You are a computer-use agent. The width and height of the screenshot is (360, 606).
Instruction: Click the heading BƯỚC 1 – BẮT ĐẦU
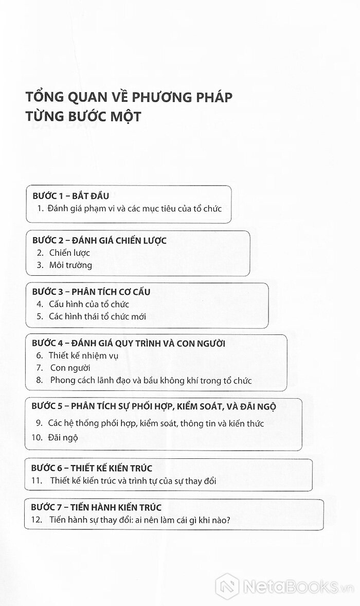[x=70, y=195]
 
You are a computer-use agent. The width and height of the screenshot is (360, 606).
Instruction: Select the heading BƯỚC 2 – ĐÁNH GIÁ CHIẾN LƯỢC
[x=99, y=240]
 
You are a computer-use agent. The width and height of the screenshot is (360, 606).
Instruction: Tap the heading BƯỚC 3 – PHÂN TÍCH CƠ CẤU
[x=91, y=291]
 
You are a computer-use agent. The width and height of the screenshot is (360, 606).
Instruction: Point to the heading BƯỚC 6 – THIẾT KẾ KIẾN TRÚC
[x=92, y=468]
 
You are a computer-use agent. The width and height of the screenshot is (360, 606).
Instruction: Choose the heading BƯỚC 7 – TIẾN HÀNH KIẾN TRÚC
[x=96, y=507]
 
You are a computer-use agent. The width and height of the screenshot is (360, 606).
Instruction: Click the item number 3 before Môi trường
[x=40, y=265]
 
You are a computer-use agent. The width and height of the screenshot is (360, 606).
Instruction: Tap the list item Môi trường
[x=70, y=265]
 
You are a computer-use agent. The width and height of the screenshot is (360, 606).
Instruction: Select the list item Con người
[x=70, y=368]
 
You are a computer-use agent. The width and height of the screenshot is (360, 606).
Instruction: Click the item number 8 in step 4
[x=40, y=380]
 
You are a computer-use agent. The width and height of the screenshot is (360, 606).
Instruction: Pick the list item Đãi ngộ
[x=63, y=438]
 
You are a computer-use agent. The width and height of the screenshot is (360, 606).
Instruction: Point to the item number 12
[x=37, y=520]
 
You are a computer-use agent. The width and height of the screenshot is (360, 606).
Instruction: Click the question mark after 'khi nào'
[x=228, y=520]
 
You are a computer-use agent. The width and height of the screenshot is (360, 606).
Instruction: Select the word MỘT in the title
[x=125, y=116]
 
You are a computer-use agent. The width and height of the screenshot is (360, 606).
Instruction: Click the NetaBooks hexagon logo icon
[x=227, y=587]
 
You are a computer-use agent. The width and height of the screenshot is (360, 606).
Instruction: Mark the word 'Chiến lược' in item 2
[x=69, y=253]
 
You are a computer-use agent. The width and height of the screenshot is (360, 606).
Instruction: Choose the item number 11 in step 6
[x=37, y=481]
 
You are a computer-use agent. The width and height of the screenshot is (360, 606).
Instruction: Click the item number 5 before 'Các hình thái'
[x=40, y=316]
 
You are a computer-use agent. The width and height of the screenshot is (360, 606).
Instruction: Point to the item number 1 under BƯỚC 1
[x=40, y=208]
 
